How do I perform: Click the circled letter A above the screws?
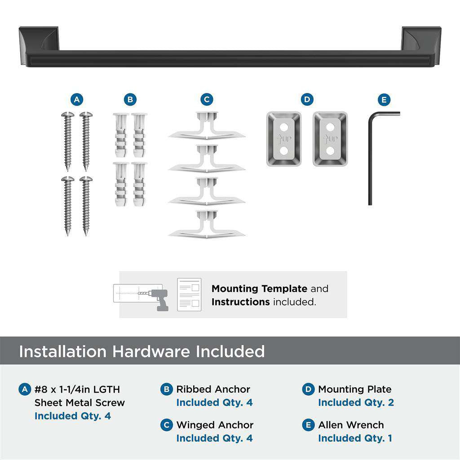pos(77,100)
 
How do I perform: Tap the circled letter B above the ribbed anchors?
pos(130,100)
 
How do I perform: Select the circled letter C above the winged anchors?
pos(207,100)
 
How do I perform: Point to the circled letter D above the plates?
pos(307,100)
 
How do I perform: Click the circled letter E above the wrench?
pos(384,100)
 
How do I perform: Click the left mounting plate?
pos(283,139)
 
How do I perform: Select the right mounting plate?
pos(330,139)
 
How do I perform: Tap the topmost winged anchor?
pos(207,127)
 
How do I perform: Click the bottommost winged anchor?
pos(207,225)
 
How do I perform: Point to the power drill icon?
pos(159,299)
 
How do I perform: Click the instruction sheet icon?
pos(189,295)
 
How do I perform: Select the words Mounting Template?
pos(259,289)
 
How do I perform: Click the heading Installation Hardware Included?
pos(142,351)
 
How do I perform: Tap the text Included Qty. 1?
pos(355,438)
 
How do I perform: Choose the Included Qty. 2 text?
pos(356,402)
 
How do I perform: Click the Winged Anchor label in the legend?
pos(215,425)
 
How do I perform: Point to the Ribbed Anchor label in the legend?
pos(213,389)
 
